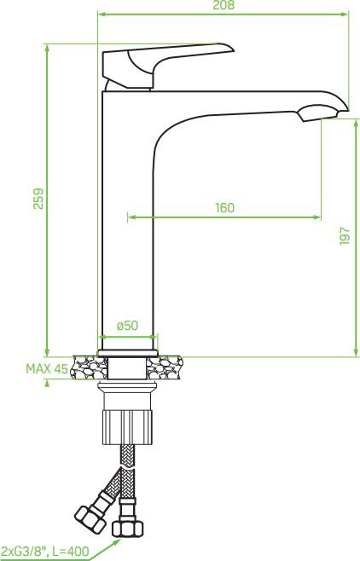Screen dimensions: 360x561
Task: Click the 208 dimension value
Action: tap(224, 5)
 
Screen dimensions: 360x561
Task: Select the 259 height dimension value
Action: tap(38, 198)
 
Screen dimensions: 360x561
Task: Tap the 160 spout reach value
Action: tap(224, 207)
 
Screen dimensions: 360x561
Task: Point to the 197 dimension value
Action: tap(345, 235)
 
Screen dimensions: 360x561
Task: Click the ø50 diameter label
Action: tap(127, 325)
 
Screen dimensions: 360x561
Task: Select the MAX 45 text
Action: tap(47, 368)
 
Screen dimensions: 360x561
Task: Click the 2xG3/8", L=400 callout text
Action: tap(44, 552)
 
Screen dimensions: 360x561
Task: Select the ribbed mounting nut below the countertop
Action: tap(128, 427)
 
